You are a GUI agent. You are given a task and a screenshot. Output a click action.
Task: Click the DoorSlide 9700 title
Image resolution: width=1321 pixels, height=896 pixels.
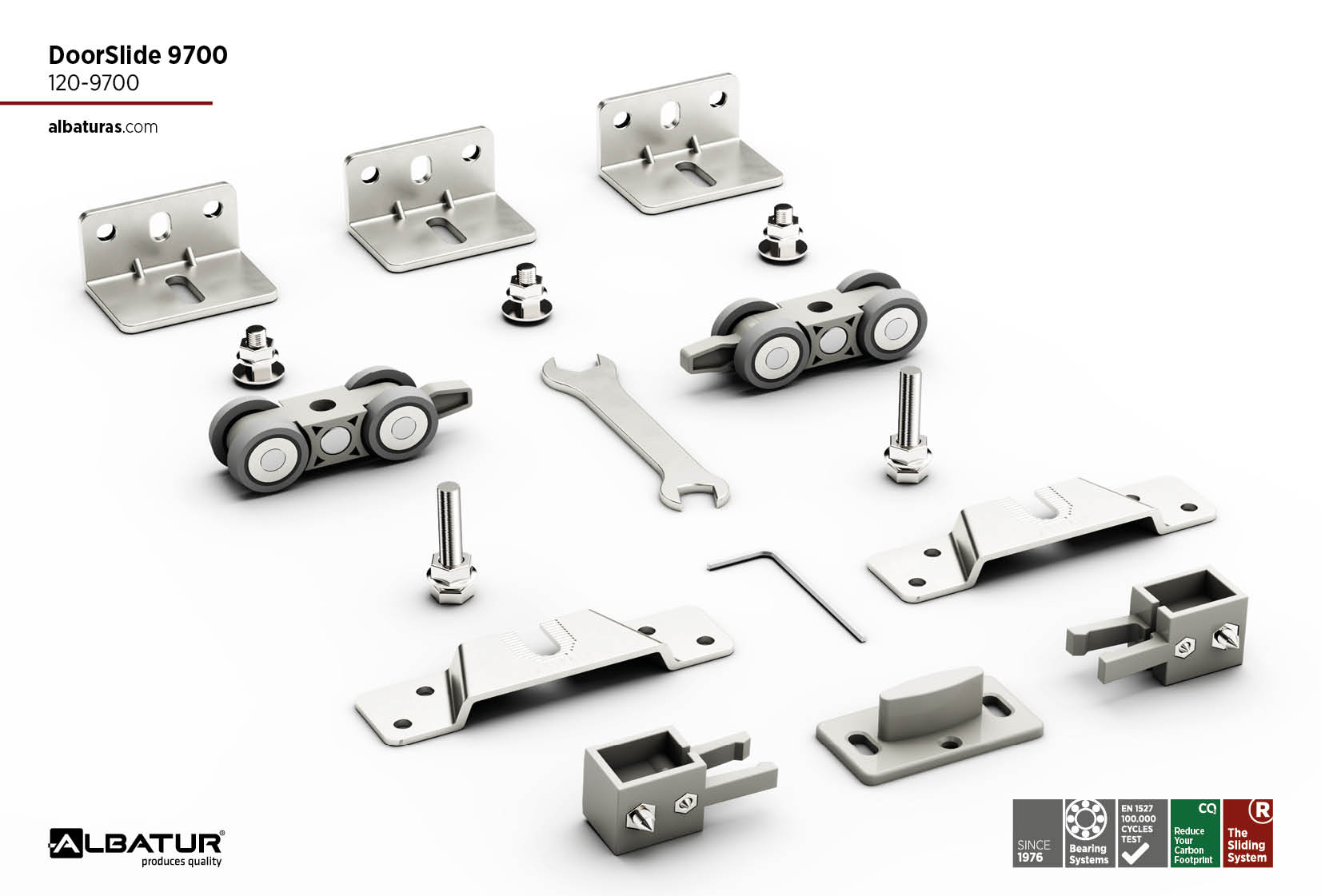click(138, 55)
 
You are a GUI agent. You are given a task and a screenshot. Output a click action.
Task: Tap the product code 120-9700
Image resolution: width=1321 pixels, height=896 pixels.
click(94, 83)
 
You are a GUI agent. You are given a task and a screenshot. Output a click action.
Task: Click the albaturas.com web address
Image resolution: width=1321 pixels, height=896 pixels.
click(103, 127)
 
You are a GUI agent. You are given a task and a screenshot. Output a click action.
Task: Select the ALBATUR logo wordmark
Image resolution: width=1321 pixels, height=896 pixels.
click(136, 843)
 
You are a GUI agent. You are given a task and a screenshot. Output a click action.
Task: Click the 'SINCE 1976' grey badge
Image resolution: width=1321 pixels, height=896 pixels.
click(1037, 833)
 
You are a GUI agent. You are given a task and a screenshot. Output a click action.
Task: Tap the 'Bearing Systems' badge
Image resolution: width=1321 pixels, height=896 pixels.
click(1088, 833)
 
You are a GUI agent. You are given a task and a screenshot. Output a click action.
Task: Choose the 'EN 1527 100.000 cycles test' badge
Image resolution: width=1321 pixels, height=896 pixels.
click(1142, 833)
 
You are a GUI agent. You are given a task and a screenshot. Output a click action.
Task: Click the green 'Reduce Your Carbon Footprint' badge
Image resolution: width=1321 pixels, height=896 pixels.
click(1195, 833)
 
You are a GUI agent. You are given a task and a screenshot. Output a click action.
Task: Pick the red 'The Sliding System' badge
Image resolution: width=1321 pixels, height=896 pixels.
click(1248, 833)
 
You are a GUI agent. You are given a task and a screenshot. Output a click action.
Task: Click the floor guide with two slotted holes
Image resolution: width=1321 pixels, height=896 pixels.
click(929, 727)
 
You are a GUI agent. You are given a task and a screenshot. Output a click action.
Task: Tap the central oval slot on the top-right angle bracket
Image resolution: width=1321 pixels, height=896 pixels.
click(670, 114)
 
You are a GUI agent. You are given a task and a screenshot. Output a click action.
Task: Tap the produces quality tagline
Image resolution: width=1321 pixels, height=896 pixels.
click(182, 862)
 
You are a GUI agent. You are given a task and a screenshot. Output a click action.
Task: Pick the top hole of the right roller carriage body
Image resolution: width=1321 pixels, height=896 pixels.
click(818, 307)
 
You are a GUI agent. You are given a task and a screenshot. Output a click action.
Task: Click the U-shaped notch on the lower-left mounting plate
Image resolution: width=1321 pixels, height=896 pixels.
click(556, 639)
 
